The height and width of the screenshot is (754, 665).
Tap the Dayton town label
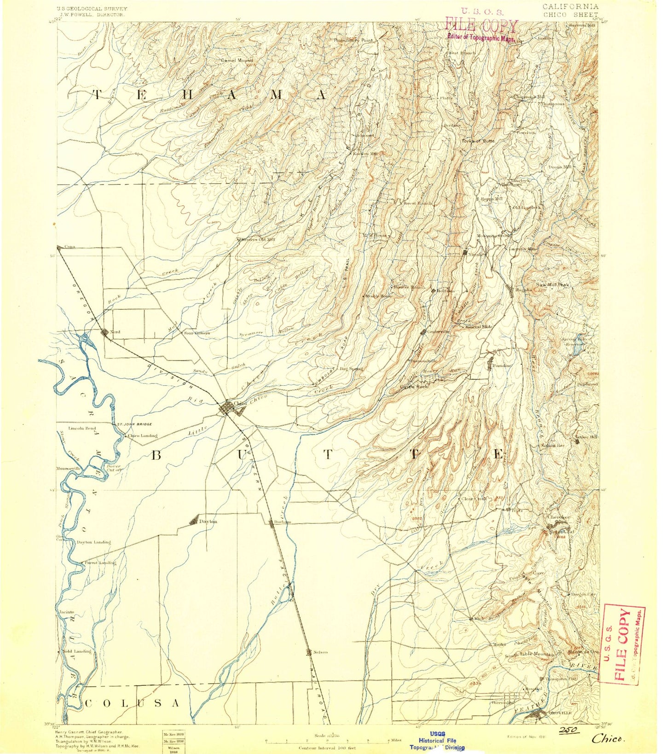point(208,522)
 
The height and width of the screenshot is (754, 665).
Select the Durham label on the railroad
point(283,522)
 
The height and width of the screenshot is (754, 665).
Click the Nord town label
point(115,332)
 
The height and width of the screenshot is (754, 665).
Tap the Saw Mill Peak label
point(552,285)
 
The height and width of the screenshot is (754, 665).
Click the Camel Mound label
point(237,60)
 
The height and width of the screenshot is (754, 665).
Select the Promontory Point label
point(353,41)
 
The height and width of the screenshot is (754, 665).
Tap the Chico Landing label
point(143,435)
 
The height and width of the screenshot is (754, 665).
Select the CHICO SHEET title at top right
point(571,14)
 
